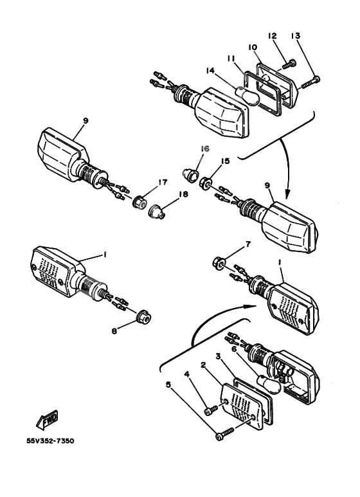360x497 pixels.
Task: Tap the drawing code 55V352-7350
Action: [50, 441]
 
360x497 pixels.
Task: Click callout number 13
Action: [295, 35]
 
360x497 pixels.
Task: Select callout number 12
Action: [272, 35]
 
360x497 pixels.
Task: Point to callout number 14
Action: [210, 70]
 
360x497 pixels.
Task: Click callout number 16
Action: [204, 149]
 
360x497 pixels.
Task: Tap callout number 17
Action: [163, 182]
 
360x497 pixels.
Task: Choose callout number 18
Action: [184, 194]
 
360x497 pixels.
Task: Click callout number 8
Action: [114, 331]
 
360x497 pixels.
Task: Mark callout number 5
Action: [168, 384]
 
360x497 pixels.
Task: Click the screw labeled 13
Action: [310, 82]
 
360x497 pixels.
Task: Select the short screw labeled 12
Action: [289, 64]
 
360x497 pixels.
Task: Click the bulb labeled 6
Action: [269, 384]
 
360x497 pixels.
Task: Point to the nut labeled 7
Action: [219, 262]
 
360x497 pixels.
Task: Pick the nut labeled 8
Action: [144, 316]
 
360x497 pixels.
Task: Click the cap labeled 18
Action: [157, 211]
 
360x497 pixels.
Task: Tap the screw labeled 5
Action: [224, 433]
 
